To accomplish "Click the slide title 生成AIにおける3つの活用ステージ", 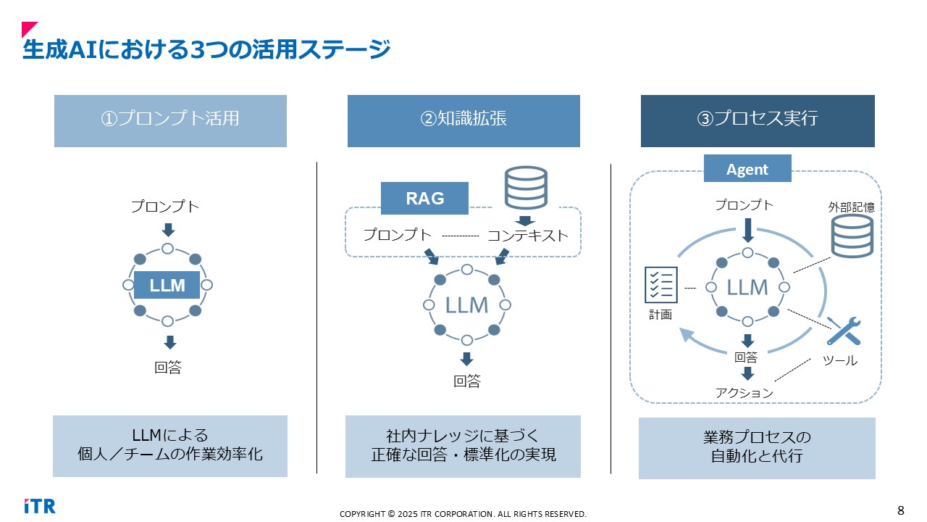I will point(206,50).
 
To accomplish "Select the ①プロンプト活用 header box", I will point(170,120).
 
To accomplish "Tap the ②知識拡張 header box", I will point(463,120).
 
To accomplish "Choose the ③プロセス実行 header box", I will point(758,120).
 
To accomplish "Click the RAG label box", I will point(425,198).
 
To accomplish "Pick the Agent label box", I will point(747,169).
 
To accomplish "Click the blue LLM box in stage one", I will point(167,286).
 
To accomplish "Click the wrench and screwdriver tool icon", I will point(844,331).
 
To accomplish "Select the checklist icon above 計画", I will point(660,285).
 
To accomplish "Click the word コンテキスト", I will point(527,236).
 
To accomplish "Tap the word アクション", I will point(744,393).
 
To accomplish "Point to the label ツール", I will point(840,360).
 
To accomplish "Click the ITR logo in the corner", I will point(39,505).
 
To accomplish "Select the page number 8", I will point(901,510).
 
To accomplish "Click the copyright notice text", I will point(463,514).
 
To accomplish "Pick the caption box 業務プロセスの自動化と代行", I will point(757,447).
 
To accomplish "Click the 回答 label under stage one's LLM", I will point(168,368).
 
